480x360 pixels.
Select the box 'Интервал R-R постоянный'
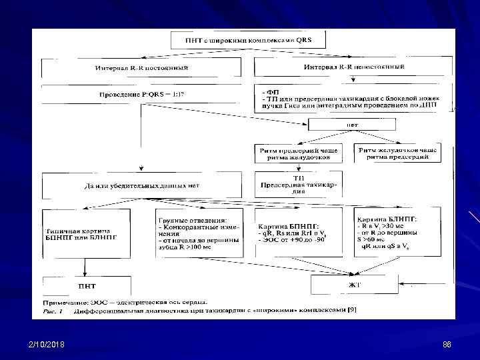click(140, 68)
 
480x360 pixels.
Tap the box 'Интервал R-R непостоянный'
click(353, 67)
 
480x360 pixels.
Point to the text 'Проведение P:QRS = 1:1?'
click(142, 94)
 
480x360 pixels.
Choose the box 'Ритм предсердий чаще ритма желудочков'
click(298, 154)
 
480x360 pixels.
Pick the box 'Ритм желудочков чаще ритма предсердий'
click(398, 154)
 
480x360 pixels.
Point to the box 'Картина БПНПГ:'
click(298, 231)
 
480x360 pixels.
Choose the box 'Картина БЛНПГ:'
click(397, 231)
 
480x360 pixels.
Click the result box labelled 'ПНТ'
click(85, 285)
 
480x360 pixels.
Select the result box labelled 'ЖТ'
click(354, 285)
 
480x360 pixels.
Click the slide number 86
click(447, 345)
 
